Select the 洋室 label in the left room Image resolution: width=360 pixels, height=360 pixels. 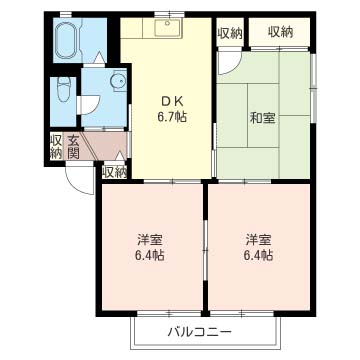click(x=151, y=240)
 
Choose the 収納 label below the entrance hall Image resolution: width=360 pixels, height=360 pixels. click(x=114, y=172)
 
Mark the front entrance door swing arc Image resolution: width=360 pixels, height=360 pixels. click(x=77, y=177)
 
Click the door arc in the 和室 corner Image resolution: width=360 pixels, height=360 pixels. click(x=228, y=60)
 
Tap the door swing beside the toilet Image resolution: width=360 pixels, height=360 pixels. click(x=89, y=102)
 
